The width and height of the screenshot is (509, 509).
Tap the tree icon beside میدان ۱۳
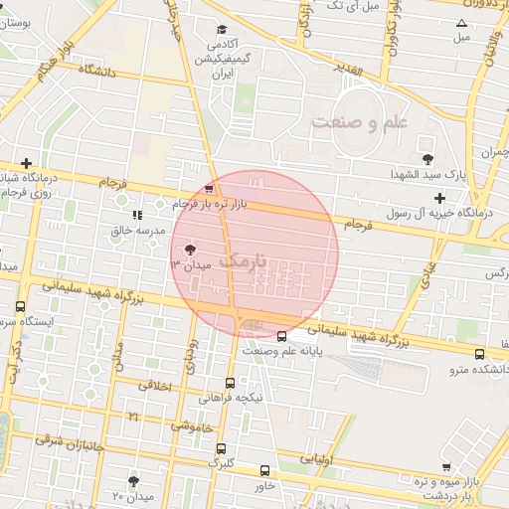[x=190, y=250]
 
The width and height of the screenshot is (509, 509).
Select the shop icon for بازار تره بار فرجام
[x=208, y=189]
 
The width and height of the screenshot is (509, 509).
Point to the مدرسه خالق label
[x=137, y=231]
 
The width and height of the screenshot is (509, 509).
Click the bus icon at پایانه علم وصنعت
[x=282, y=336]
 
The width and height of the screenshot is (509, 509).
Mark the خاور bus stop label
[x=264, y=486]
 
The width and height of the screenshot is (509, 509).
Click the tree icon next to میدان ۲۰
[x=133, y=481]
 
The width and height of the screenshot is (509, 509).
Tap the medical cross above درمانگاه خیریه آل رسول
[x=439, y=198]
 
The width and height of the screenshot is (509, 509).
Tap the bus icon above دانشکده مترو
[x=480, y=354]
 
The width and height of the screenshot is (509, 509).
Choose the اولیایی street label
[x=318, y=460]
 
